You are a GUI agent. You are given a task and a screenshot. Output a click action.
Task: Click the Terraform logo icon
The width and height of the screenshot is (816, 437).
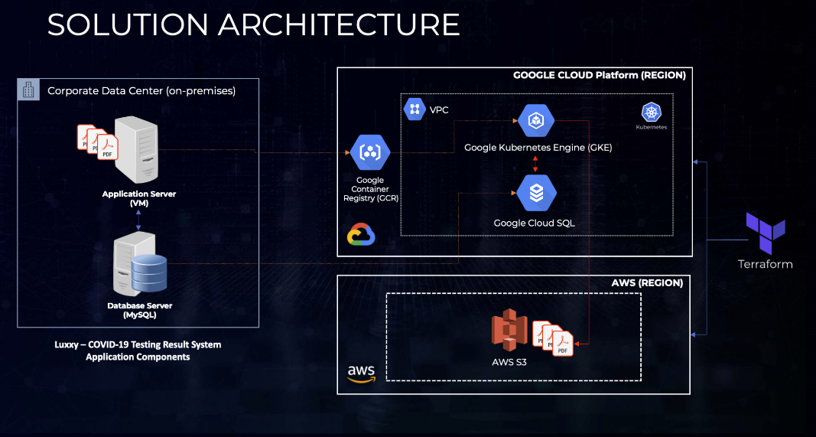[x=766, y=233]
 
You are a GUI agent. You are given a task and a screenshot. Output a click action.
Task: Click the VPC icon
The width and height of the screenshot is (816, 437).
[x=415, y=109]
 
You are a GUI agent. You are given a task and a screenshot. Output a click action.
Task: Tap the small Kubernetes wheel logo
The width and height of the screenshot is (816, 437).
[x=652, y=113]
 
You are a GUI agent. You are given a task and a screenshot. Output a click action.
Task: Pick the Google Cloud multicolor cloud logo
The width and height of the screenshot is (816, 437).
[x=361, y=235]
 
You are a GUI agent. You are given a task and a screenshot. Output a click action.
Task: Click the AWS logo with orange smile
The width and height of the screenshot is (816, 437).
[x=361, y=373]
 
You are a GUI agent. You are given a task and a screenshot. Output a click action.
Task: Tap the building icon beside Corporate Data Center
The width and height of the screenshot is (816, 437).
[x=28, y=90]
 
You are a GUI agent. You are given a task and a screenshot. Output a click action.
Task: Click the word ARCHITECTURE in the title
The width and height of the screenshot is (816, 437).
[x=338, y=24]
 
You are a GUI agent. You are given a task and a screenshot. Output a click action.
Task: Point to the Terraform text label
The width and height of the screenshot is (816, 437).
[x=765, y=264]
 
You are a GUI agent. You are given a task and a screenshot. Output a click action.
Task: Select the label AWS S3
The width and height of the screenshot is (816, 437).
[x=509, y=362]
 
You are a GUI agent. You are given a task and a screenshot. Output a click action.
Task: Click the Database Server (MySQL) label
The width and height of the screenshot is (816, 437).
[x=139, y=310]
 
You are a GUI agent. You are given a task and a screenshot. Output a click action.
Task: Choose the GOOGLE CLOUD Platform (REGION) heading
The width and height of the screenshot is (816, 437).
[x=599, y=75]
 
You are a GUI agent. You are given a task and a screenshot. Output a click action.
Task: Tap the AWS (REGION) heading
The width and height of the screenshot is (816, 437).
[x=647, y=282]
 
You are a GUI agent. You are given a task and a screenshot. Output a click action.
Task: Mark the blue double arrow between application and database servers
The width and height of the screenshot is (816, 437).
[x=138, y=220]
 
